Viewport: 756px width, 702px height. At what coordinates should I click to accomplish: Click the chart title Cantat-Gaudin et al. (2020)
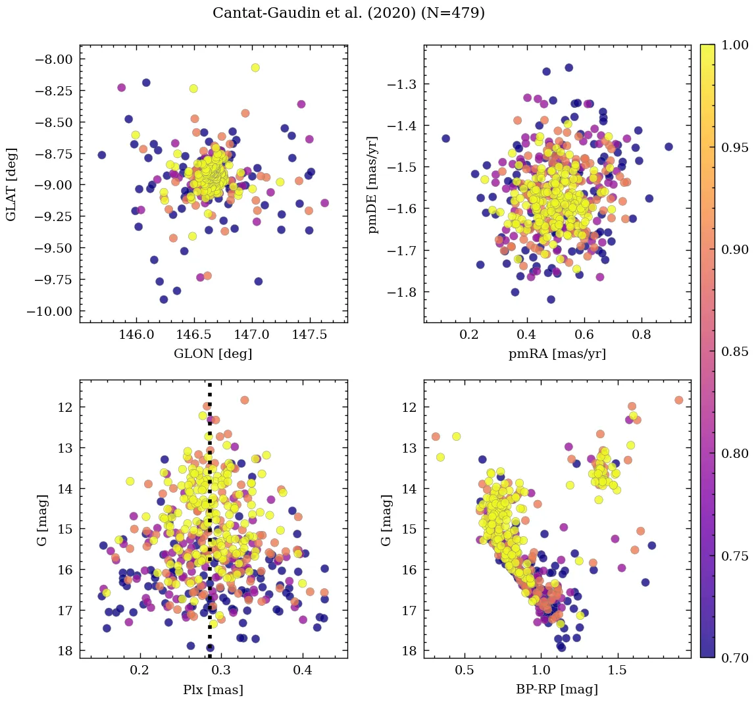349,13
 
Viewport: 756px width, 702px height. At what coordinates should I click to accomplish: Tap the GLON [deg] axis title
213,354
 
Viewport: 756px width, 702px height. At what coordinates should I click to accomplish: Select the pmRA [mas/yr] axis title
557,354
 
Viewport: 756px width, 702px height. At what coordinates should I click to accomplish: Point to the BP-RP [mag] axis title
557,689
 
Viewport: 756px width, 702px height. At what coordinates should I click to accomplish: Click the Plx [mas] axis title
213,689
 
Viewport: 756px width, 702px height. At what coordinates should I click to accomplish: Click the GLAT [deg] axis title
11,185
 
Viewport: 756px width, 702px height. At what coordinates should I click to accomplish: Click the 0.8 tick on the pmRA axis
642,335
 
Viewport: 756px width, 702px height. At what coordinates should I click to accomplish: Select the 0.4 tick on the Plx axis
302,670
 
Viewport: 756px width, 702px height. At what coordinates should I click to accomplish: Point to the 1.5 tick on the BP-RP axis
617,670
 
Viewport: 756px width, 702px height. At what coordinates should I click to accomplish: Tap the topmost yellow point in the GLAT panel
255,68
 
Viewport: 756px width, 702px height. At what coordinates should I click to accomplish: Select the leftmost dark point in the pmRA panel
445,138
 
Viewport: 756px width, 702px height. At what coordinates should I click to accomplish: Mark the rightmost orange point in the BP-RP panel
678,400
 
